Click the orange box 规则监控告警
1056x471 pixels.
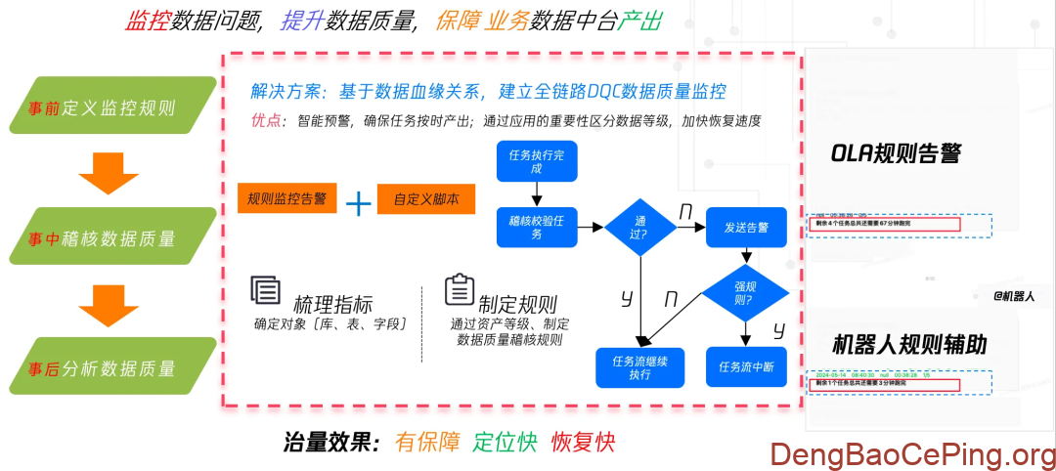click(286, 199)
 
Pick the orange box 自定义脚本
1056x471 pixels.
click(426, 199)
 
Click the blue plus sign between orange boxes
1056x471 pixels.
click(359, 201)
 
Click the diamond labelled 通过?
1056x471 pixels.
click(640, 228)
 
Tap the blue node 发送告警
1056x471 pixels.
click(746, 228)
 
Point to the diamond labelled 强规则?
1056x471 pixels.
click(745, 292)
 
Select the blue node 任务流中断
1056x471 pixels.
click(746, 367)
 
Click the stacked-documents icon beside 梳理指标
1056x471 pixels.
click(265, 290)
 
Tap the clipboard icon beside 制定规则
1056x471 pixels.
click(459, 290)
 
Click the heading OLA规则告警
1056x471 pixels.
click(896, 153)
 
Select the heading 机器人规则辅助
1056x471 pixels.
click(909, 345)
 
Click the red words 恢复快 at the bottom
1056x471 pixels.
click(584, 442)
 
